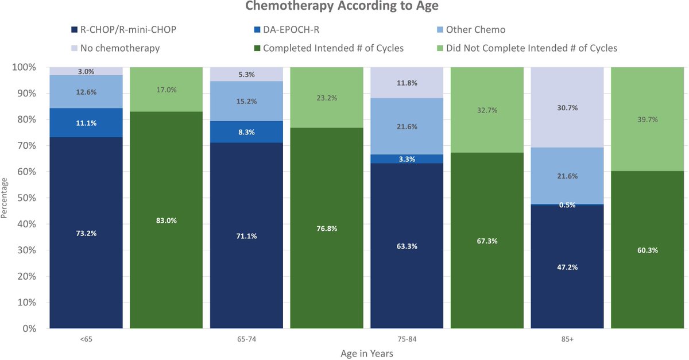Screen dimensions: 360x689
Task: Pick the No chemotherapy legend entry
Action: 119,48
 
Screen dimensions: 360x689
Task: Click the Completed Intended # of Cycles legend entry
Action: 333,48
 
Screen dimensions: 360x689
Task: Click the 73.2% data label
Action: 86,233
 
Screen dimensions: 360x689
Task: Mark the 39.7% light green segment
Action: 647,119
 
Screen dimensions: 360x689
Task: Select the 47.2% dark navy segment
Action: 567,267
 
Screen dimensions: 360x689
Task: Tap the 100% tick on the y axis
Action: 24,67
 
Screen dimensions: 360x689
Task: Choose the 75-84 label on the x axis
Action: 407,339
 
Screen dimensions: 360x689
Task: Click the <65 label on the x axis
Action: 86,339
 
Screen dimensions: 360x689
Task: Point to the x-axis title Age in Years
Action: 366,354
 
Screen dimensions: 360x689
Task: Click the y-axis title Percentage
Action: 5,198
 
